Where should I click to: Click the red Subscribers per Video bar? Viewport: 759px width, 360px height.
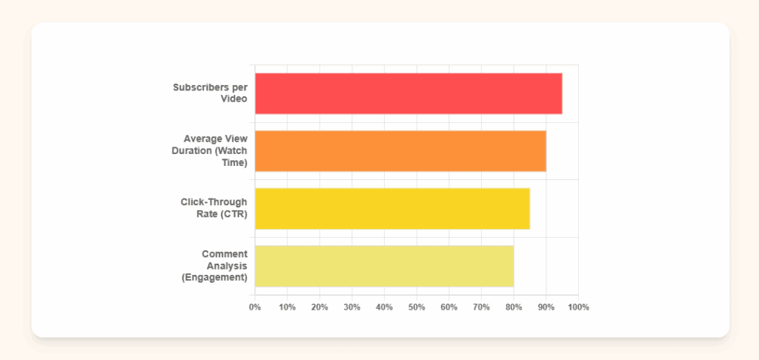408,93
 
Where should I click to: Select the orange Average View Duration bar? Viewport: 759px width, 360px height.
400,150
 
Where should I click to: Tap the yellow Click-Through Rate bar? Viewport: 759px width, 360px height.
392,208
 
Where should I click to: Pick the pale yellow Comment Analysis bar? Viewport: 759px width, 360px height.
384,266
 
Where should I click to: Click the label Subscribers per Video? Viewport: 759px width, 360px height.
210,93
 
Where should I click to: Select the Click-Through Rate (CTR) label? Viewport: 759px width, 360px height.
213,208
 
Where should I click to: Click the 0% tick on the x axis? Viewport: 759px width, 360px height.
255,307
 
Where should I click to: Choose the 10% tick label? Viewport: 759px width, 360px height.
287,307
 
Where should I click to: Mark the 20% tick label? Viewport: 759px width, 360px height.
319,307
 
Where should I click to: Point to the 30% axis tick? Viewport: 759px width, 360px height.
351,307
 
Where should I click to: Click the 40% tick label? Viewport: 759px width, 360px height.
384,307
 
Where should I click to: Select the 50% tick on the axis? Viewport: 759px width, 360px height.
417,307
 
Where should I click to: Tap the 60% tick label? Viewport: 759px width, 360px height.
448,307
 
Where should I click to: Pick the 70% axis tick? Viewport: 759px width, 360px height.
481,307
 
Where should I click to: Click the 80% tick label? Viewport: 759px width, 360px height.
513,307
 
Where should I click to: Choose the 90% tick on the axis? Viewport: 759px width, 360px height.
546,307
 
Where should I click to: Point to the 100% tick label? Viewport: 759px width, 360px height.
577,307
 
